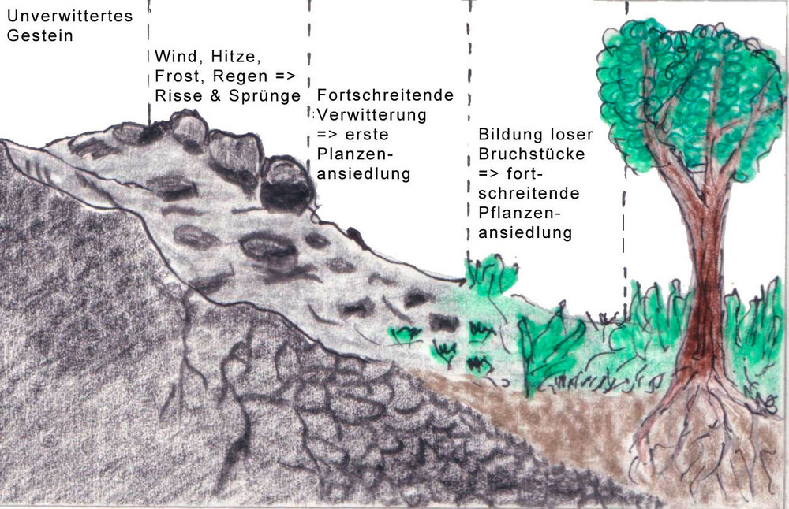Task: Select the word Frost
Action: [x=175, y=77]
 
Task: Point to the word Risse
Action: [x=174, y=96]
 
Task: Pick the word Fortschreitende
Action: [x=385, y=95]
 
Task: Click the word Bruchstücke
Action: [x=532, y=154]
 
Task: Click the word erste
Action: [x=362, y=135]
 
